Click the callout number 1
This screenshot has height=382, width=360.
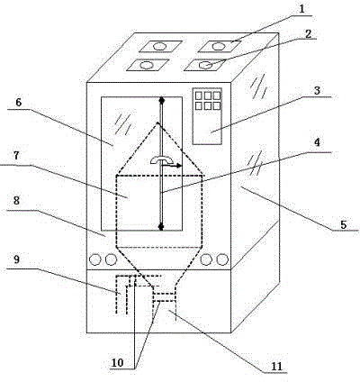pyautogui.click(x=302, y=9)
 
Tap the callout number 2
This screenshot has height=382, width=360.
pyautogui.click(x=308, y=34)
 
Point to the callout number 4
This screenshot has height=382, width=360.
pyautogui.click(x=317, y=142)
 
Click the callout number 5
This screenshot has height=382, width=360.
pyautogui.click(x=344, y=224)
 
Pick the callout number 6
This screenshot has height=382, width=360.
pyautogui.click(x=19, y=103)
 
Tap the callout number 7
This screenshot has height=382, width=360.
pyautogui.click(x=15, y=156)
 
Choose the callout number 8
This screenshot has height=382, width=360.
pyautogui.click(x=16, y=200)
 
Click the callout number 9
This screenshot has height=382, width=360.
pyautogui.click(x=16, y=259)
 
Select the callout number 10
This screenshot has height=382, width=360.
pyautogui.click(x=117, y=363)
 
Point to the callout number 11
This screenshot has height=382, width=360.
pyautogui.click(x=277, y=367)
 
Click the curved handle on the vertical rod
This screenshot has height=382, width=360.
pyautogui.click(x=161, y=159)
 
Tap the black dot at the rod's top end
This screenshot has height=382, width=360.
pyautogui.click(x=162, y=101)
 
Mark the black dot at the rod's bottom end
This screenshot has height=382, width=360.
pyautogui.click(x=161, y=226)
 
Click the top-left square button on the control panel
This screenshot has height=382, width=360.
pyautogui.click(x=199, y=95)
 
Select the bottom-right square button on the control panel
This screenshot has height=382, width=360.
pyautogui.click(x=217, y=105)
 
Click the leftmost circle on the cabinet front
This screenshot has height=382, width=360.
pyautogui.click(x=95, y=259)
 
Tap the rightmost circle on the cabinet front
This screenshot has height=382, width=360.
pyautogui.click(x=222, y=259)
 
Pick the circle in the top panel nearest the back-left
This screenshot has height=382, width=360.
pyautogui.click(x=159, y=47)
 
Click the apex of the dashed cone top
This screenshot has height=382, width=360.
pyautogui.click(x=157, y=123)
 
